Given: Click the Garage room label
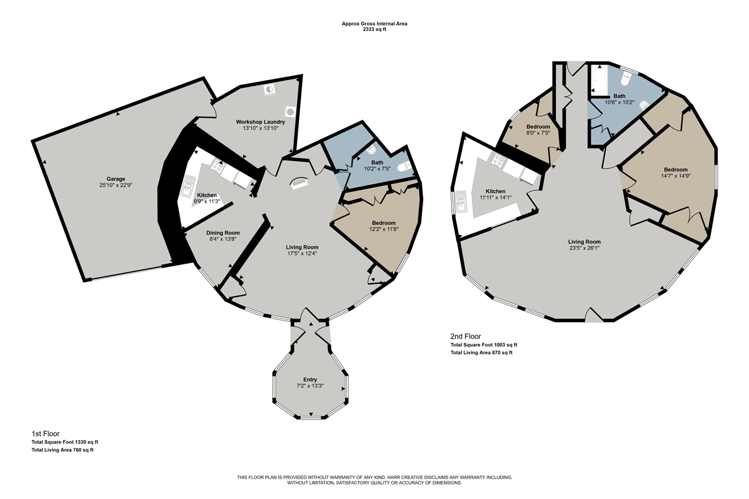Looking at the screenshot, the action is [x=116, y=179].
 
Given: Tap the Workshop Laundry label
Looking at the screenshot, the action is [x=260, y=122].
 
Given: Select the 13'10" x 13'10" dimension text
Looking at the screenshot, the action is [x=260, y=128].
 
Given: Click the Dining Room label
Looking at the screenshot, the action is [x=223, y=233].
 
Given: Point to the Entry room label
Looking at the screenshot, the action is [x=310, y=379].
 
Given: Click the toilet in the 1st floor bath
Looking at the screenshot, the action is [x=405, y=166].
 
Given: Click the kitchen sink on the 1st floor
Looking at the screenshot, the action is [x=188, y=186].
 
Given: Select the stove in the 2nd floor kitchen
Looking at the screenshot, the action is [x=497, y=160].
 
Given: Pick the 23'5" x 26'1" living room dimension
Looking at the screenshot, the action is [x=585, y=248].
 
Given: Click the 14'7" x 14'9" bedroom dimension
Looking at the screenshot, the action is [x=676, y=175].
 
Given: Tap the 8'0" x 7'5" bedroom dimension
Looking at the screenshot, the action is [x=538, y=133].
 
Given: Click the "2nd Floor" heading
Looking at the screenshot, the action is [x=465, y=336].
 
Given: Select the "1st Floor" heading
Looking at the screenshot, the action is [x=46, y=433].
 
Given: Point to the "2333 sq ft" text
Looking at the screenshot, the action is [x=374, y=29].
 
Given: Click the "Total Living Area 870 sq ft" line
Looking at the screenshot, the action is [x=481, y=352].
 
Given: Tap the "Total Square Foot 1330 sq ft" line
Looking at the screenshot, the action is [x=65, y=442].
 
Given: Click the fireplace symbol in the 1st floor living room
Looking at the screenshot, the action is [x=298, y=183].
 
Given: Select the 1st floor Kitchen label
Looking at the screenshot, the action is [x=207, y=195].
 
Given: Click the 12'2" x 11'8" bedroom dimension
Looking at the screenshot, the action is [x=383, y=229].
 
